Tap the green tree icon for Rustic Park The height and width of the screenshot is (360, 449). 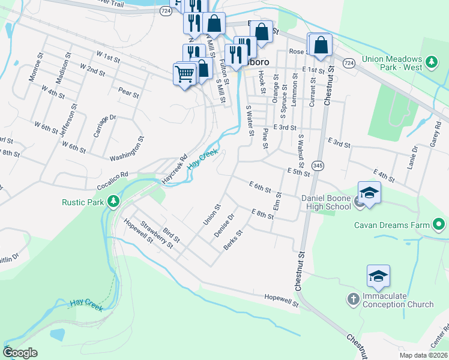click(x=113, y=202)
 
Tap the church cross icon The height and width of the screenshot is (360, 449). click(x=354, y=298)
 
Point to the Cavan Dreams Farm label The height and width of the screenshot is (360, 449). click(x=392, y=226)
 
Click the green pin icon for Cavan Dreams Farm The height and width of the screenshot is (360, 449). click(x=439, y=226)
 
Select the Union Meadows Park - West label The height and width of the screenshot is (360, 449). click(x=392, y=64)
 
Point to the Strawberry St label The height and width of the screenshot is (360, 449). click(x=157, y=235)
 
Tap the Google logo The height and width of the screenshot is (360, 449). click(x=20, y=353)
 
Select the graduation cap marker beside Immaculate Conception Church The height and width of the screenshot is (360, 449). click(x=378, y=276)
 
